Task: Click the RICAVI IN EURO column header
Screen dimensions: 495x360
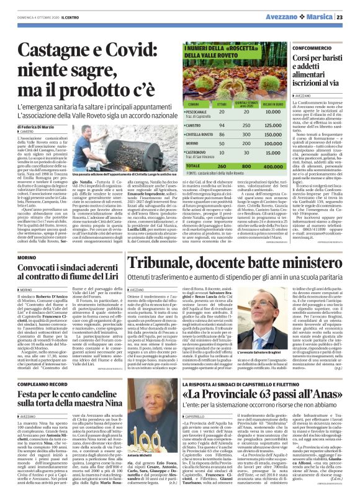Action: tap(256, 104)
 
